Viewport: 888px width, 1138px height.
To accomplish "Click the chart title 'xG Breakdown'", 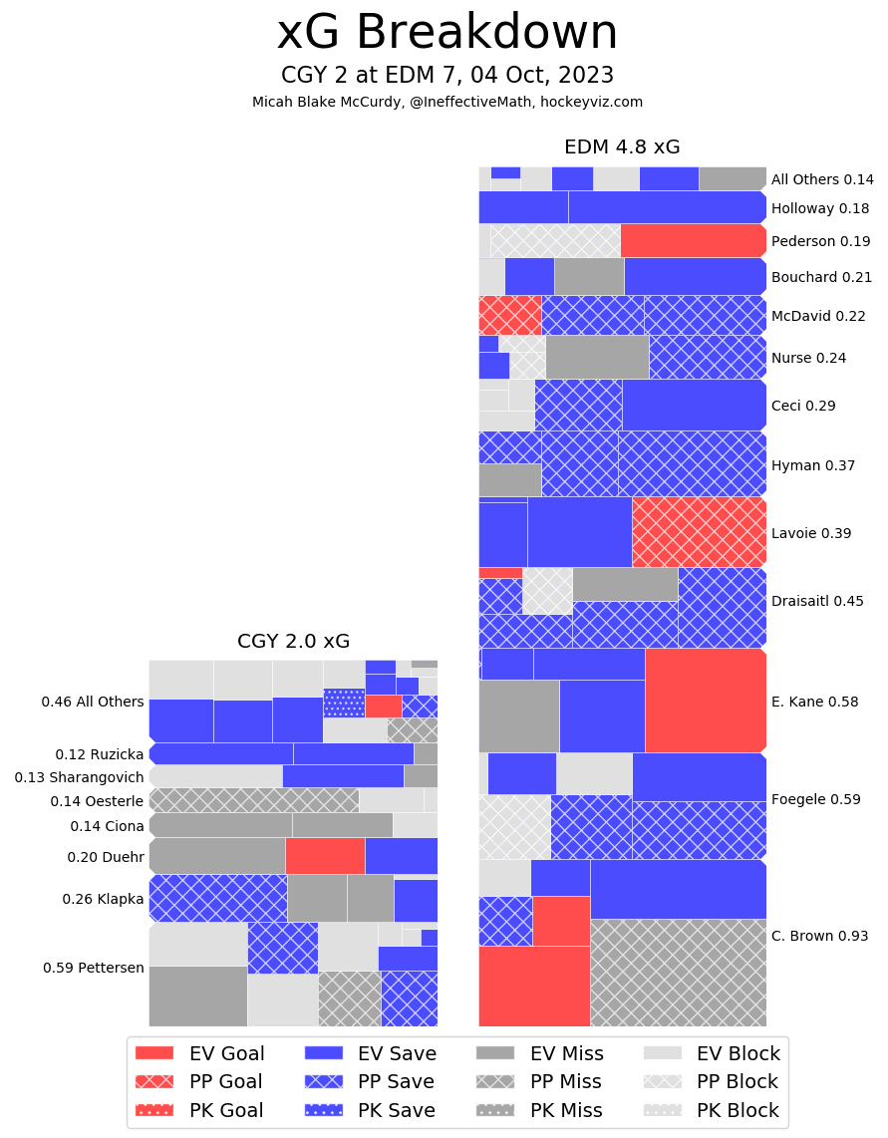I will pyautogui.click(x=446, y=33).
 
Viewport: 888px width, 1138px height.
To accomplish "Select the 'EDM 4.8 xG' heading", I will pyautogui.click(x=622, y=147).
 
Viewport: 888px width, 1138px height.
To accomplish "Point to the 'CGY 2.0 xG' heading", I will pyautogui.click(x=293, y=642).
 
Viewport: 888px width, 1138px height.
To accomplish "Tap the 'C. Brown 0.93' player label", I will pyautogui.click(x=819, y=936).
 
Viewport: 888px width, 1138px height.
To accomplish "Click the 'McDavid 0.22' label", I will pyautogui.click(x=818, y=316).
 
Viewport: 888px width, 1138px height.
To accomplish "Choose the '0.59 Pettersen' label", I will pyautogui.click(x=94, y=968).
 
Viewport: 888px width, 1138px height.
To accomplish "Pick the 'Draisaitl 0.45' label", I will pyautogui.click(x=817, y=601).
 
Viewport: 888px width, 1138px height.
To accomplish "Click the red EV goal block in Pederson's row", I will pyautogui.click(x=693, y=241).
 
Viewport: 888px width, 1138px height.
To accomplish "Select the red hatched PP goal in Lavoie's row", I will pyautogui.click(x=699, y=532).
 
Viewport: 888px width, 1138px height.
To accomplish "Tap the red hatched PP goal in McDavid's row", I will pyautogui.click(x=509, y=315).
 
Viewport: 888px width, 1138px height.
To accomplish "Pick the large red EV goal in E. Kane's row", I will pyautogui.click(x=705, y=701).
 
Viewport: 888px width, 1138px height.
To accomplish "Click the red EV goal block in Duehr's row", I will pyautogui.click(x=325, y=856).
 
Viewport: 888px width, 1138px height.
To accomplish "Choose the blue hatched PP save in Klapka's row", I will pyautogui.click(x=217, y=898).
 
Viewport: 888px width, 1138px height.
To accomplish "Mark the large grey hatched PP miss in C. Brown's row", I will pyautogui.click(x=678, y=973).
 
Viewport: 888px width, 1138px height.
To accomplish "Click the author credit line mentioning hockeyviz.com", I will pyautogui.click(x=446, y=102).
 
